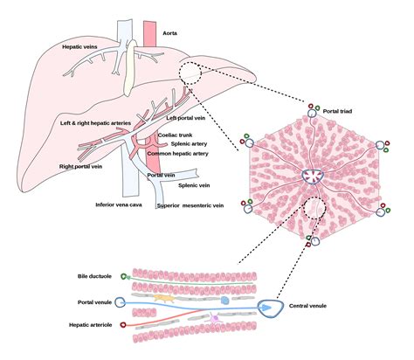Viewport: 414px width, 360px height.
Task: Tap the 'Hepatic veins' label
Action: point(83,45)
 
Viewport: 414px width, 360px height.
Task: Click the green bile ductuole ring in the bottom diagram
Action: point(126,277)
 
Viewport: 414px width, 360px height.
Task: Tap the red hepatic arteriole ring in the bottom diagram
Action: point(124,324)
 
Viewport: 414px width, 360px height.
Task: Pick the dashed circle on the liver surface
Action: point(194,76)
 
